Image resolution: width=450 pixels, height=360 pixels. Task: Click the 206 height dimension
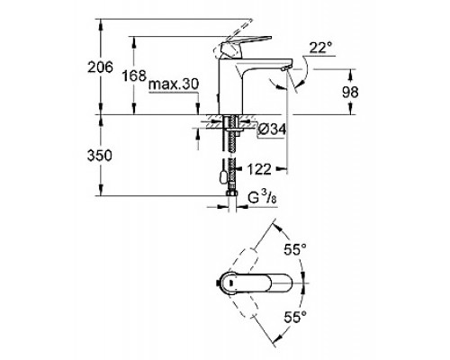[100, 67]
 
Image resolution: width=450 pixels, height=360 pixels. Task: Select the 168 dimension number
[134, 76]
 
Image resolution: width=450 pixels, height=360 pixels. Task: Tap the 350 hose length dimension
[100, 156]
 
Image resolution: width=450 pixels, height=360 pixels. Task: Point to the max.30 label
[174, 85]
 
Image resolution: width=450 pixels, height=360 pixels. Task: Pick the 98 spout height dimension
[350, 92]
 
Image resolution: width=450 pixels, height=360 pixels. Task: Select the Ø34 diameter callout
[272, 130]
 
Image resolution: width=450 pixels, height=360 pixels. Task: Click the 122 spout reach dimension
[259, 169]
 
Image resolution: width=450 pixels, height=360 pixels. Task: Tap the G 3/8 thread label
[262, 198]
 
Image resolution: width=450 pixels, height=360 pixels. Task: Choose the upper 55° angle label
[295, 249]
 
